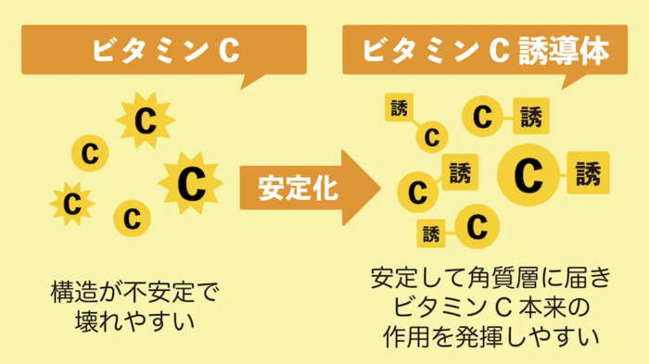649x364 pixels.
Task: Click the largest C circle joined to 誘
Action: click(x=528, y=173)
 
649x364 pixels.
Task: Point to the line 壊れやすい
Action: click(x=134, y=323)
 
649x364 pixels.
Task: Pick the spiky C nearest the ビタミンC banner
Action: click(x=145, y=119)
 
